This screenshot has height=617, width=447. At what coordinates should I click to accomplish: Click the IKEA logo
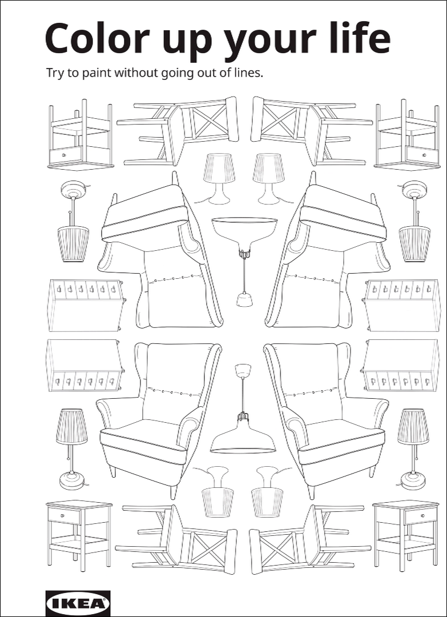point(78,603)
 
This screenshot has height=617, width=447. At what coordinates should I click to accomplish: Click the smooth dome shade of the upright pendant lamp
point(243,438)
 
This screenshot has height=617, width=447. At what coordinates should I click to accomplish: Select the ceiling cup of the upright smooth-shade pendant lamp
point(243,370)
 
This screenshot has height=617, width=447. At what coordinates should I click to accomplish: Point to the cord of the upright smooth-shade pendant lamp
point(243,394)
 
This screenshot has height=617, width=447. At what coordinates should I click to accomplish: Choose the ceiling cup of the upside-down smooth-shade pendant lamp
point(244,300)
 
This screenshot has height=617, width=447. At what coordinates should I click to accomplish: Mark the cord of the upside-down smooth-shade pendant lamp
point(244,275)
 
